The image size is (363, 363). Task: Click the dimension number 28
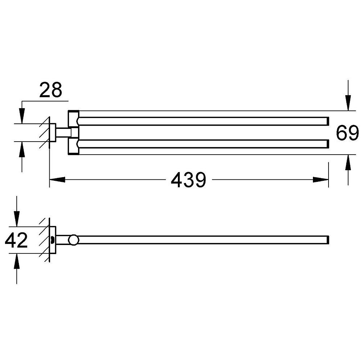[51, 90]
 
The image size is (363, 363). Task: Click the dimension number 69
[347, 133]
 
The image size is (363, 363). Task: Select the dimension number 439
[188, 180]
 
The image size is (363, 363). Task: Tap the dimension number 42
[16, 240]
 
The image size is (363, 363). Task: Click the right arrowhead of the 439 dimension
[321, 180]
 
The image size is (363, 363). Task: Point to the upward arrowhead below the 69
[348, 162]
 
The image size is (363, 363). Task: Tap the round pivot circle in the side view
[74, 240]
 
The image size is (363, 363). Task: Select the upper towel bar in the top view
[203, 121]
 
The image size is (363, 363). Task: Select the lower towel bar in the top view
[203, 144]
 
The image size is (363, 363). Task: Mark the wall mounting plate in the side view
[53, 240]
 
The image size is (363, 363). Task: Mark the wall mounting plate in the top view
[53, 132]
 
